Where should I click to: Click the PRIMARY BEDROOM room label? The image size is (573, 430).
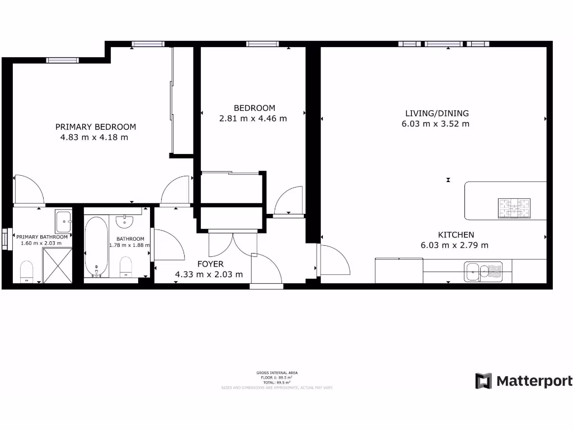[x=95, y=127]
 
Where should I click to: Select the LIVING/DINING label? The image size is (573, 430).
[x=435, y=113]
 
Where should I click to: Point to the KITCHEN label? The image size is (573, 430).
[x=455, y=235]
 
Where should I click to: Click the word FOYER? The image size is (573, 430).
[x=209, y=264]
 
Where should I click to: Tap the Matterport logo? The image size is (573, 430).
[x=524, y=381]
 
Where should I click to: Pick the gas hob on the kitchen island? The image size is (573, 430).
[x=514, y=208]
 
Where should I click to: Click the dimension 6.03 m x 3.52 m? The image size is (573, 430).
[x=435, y=124]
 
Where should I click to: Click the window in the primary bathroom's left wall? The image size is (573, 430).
[x=5, y=240]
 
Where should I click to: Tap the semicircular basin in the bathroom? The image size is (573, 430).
[x=125, y=222]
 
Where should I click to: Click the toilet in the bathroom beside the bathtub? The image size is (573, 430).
[x=126, y=267]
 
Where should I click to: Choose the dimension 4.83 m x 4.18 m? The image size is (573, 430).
[x=94, y=137]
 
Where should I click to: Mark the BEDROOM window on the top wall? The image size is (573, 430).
[x=262, y=44]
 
